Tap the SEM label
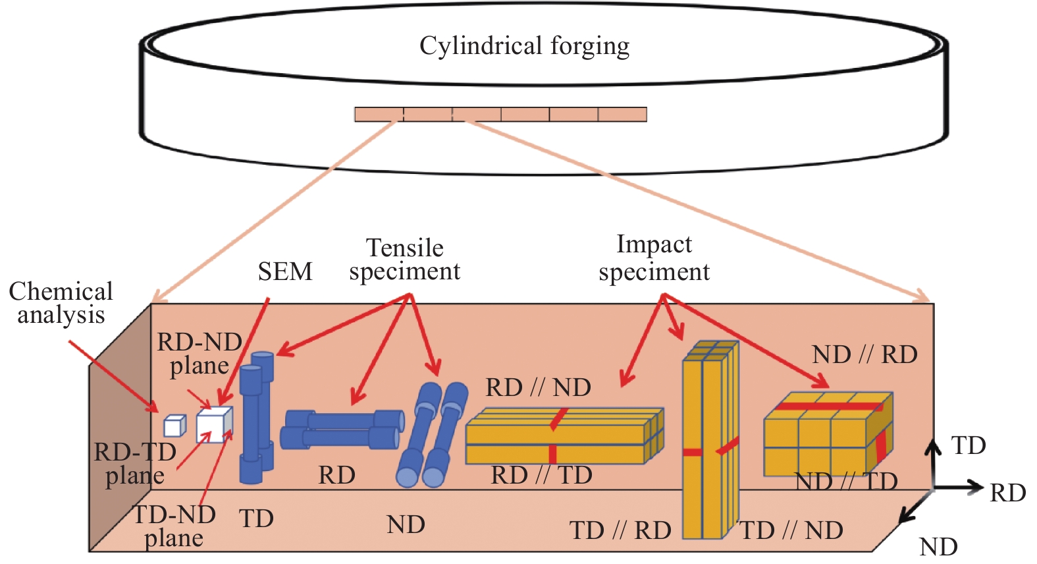tap(285, 271)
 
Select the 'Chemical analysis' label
tap(61, 304)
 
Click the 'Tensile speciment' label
tap(405, 260)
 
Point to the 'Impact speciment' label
tap(654, 258)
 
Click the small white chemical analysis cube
tap(174, 426)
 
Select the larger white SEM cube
tap(215, 424)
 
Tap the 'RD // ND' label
tap(538, 387)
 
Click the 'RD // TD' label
tap(541, 475)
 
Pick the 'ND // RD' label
tap(864, 355)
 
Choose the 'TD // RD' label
tap(620, 530)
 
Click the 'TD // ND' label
tap(791, 530)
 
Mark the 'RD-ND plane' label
tap(199, 354)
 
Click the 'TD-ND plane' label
tap(174, 526)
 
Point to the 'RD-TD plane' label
tap(135, 463)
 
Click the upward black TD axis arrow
tap(934, 463)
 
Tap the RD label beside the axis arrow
tap(1007, 493)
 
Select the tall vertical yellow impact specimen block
tap(710, 440)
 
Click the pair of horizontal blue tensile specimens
tap(342, 430)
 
